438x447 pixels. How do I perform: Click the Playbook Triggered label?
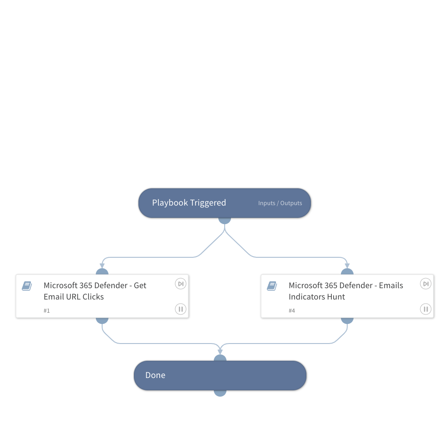[189, 203]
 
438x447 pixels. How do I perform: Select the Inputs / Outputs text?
[280, 203]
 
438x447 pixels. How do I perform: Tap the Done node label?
[155, 375]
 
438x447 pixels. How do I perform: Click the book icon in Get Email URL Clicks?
[27, 286]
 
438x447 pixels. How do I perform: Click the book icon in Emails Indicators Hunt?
[272, 286]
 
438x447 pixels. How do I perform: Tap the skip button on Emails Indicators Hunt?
[425, 284]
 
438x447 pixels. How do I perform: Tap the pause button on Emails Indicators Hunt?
[425, 309]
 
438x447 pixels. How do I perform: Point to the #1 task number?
[47, 311]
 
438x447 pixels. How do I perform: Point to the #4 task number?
[292, 311]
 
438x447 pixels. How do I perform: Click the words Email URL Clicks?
[74, 297]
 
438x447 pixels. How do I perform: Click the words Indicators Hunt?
[317, 297]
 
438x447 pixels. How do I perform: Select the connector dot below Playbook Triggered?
[225, 221]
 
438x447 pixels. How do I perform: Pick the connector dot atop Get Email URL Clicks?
[102, 271]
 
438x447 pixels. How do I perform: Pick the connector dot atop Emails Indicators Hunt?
[347, 271]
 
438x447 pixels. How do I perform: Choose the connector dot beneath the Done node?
[220, 393]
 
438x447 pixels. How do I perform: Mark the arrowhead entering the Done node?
[220, 351]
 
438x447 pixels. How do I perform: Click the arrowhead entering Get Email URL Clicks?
[102, 265]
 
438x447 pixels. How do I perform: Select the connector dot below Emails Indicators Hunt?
[347, 320]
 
